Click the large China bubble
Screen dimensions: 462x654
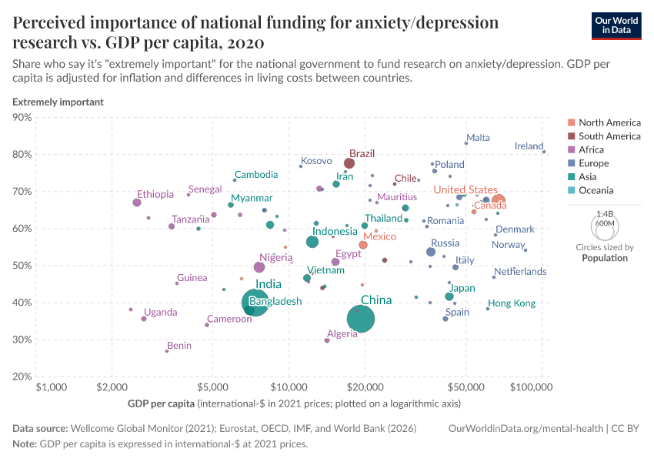coord(360,319)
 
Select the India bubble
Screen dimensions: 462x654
coord(259,303)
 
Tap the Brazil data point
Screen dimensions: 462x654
coord(349,163)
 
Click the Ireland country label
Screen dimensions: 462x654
coord(529,146)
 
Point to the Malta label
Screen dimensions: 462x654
coord(478,138)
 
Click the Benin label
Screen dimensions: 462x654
coord(179,346)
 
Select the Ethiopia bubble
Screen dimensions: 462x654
coord(137,203)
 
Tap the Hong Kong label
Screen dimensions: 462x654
coord(512,303)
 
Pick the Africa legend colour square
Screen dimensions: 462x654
coord(570,150)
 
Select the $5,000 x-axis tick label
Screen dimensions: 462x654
coord(212,387)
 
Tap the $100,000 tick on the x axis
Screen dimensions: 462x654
coord(542,387)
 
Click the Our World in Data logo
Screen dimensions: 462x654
coord(617,25)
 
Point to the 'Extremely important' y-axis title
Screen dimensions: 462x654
coord(58,102)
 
